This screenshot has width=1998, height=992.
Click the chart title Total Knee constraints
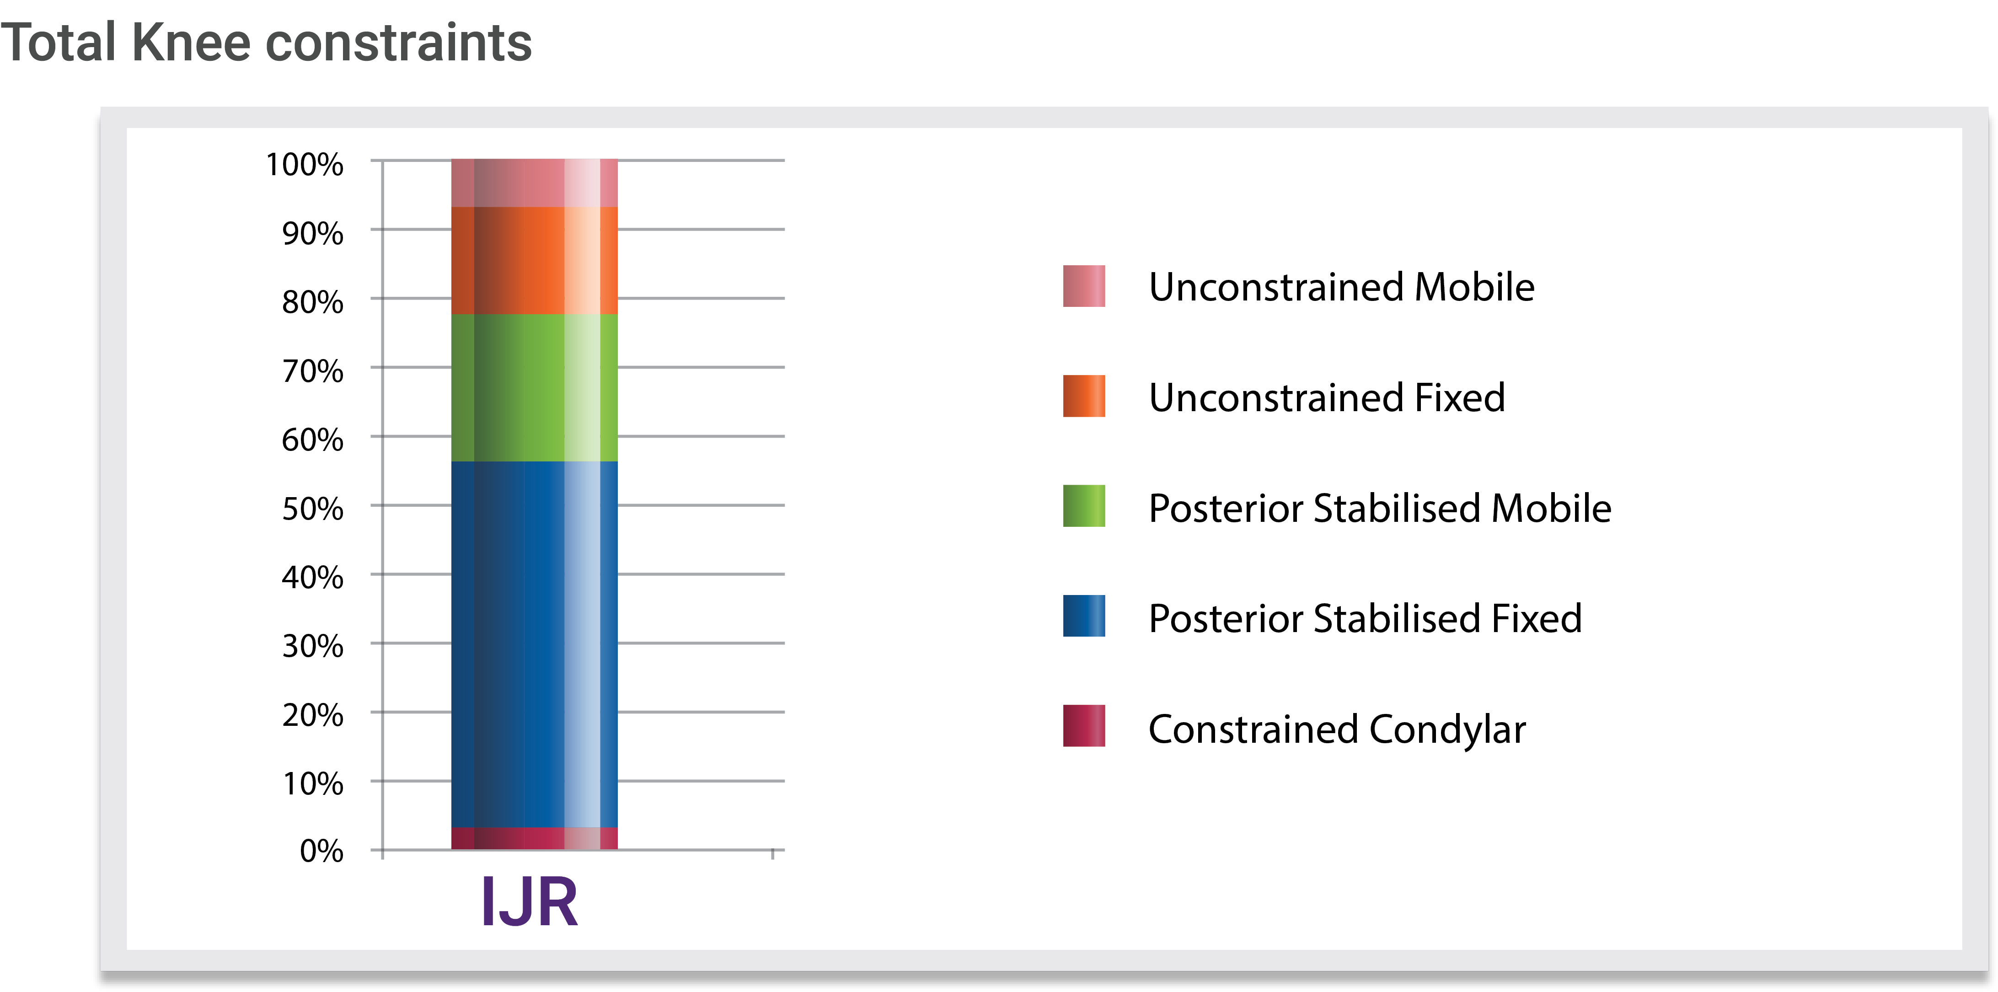(266, 42)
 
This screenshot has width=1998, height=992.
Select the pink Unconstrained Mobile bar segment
(535, 183)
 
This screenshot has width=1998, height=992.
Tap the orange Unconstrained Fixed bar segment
(535, 261)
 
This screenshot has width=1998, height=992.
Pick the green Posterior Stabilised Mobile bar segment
(535, 388)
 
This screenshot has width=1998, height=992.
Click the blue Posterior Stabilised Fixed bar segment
(535, 644)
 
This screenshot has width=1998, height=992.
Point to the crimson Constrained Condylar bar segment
(535, 838)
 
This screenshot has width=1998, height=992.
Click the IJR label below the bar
(530, 901)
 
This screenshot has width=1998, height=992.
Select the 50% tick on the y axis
(313, 509)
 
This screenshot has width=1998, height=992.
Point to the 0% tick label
(321, 851)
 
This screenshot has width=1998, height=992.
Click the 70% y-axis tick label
(313, 371)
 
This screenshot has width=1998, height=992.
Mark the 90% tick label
(313, 233)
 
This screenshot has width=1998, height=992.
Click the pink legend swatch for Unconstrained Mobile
(1083, 286)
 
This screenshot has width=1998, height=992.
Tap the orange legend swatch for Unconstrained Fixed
(1083, 397)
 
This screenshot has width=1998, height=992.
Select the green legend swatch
(1083, 506)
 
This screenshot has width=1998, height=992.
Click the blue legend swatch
(1083, 616)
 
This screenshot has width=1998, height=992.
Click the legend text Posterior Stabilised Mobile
(1380, 508)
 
